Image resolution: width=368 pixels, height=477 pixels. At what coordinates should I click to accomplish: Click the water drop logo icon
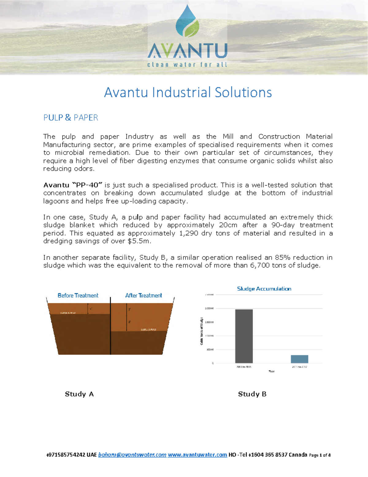[187, 22]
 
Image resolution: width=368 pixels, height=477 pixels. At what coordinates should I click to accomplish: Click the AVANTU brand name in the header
[187, 51]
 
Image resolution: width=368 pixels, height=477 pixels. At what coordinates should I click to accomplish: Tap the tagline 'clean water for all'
[187, 65]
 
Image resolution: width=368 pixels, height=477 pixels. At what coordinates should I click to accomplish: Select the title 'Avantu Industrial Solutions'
[188, 92]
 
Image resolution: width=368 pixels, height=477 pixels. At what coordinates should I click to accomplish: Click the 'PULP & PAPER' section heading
[71, 118]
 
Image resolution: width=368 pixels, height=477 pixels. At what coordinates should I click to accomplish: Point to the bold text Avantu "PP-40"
[72, 185]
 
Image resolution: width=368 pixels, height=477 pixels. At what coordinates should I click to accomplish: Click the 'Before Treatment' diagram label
[78, 295]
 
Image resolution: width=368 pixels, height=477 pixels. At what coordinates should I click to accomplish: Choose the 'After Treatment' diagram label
[144, 295]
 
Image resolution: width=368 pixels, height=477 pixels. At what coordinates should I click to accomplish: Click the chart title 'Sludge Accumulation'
[264, 289]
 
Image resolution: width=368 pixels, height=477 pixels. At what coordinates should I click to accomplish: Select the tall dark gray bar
[244, 336]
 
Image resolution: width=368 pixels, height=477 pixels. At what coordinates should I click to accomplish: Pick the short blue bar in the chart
[299, 359]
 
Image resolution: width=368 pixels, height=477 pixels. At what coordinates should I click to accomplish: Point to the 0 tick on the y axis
[213, 363]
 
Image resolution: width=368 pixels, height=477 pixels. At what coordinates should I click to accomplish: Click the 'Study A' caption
[79, 394]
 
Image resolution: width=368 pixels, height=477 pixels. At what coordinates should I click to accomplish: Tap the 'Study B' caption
[252, 394]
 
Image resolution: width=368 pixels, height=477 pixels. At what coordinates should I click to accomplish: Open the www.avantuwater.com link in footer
[197, 455]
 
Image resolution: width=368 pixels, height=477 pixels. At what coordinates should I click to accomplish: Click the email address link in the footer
[132, 455]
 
